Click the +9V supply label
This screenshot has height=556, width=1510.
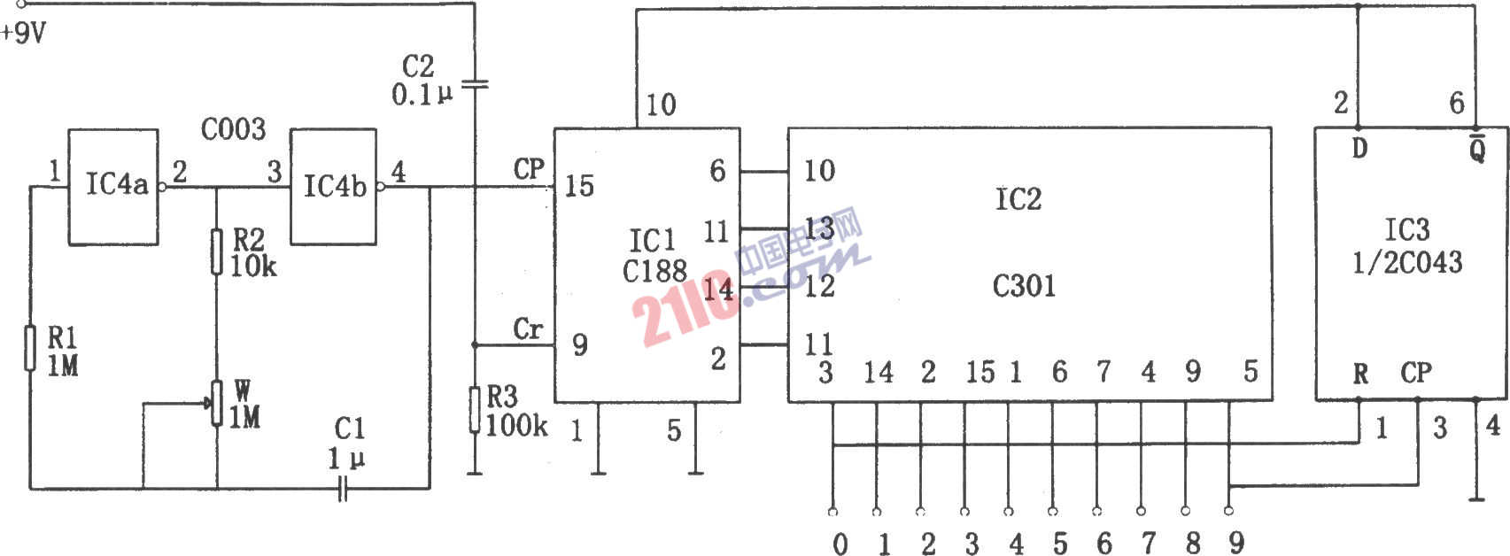point(24,33)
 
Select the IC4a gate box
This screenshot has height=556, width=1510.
point(113,187)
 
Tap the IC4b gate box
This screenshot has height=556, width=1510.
point(333,187)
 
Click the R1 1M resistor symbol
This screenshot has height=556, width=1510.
point(29,348)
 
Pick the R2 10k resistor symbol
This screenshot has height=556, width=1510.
point(216,251)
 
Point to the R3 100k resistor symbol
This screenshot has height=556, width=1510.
point(475,410)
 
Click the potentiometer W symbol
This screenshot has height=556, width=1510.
point(216,403)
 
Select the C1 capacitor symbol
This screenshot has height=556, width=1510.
point(343,488)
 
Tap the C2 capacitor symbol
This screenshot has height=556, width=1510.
point(475,85)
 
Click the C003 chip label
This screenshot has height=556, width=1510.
point(234,128)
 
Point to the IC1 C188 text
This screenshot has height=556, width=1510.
point(654,256)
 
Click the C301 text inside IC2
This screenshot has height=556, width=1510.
point(1023,287)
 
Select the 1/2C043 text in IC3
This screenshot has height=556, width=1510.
point(1407,262)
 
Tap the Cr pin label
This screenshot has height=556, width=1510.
point(528,329)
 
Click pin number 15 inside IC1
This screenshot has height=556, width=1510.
point(579,186)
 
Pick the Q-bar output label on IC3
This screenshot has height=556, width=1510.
point(1477,148)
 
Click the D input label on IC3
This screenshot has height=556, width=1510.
point(1359,148)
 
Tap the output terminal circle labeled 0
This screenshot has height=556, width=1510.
point(832,512)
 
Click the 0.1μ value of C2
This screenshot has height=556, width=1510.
point(422,95)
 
